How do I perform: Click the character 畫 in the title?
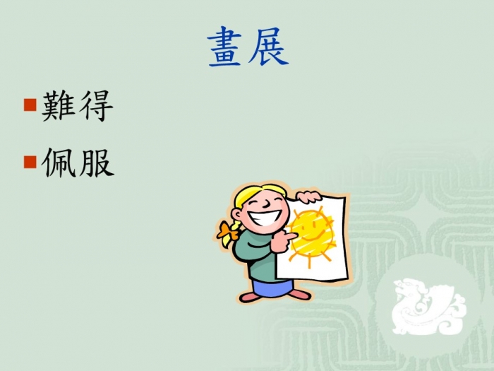tap(225, 47)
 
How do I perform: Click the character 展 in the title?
tap(269, 47)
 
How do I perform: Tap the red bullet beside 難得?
tap(30, 105)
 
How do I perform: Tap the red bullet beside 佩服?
tap(30, 162)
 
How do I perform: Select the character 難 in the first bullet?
tap(58, 106)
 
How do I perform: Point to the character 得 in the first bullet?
tap(96, 106)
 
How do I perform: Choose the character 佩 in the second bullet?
tap(59, 163)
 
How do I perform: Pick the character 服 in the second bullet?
tap(97, 163)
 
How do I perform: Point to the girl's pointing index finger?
tap(289, 236)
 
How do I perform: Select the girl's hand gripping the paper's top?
tap(308, 196)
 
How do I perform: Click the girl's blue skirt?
tap(273, 288)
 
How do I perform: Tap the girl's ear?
tap(237, 215)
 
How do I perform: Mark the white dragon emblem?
tap(429, 306)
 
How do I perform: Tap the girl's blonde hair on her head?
tap(255, 192)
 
